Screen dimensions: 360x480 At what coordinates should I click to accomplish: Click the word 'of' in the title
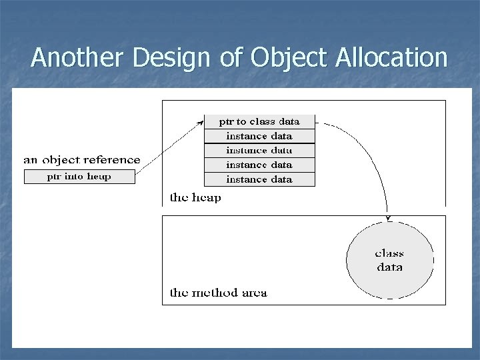coord(231,58)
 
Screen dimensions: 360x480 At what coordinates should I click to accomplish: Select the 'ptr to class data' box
coord(259,121)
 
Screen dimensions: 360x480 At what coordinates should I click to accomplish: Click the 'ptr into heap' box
coord(79,177)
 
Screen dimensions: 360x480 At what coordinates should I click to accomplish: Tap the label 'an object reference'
coord(82,159)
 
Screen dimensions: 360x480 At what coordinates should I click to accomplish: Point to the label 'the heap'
coord(195,197)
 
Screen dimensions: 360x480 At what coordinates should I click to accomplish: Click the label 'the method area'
coord(218,293)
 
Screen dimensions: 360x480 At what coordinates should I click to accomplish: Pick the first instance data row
coord(259,136)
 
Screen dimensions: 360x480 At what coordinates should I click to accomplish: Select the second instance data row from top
coord(259,150)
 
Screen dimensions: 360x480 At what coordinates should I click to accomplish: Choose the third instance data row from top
coord(259,165)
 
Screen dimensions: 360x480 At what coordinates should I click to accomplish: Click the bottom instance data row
coord(259,179)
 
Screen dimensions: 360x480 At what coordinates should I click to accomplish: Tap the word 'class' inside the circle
coord(389,253)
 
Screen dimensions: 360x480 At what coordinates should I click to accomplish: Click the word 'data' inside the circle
coord(389,267)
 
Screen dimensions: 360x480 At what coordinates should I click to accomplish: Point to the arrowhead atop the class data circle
coord(387,217)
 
